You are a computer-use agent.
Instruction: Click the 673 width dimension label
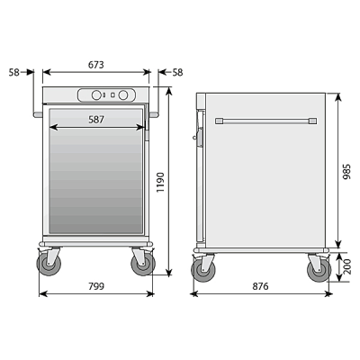click(96, 64)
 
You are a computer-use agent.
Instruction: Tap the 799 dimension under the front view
click(96, 286)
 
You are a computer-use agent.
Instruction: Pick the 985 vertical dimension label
click(346, 171)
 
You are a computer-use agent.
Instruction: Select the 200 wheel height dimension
click(346, 267)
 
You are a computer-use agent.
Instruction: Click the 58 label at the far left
click(15, 72)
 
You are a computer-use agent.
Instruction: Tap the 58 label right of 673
click(177, 72)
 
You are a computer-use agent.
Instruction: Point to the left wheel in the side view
click(203, 269)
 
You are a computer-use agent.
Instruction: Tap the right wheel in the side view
click(318, 269)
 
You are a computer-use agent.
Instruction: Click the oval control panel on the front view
click(105, 95)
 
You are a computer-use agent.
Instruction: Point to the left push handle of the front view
click(37, 114)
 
